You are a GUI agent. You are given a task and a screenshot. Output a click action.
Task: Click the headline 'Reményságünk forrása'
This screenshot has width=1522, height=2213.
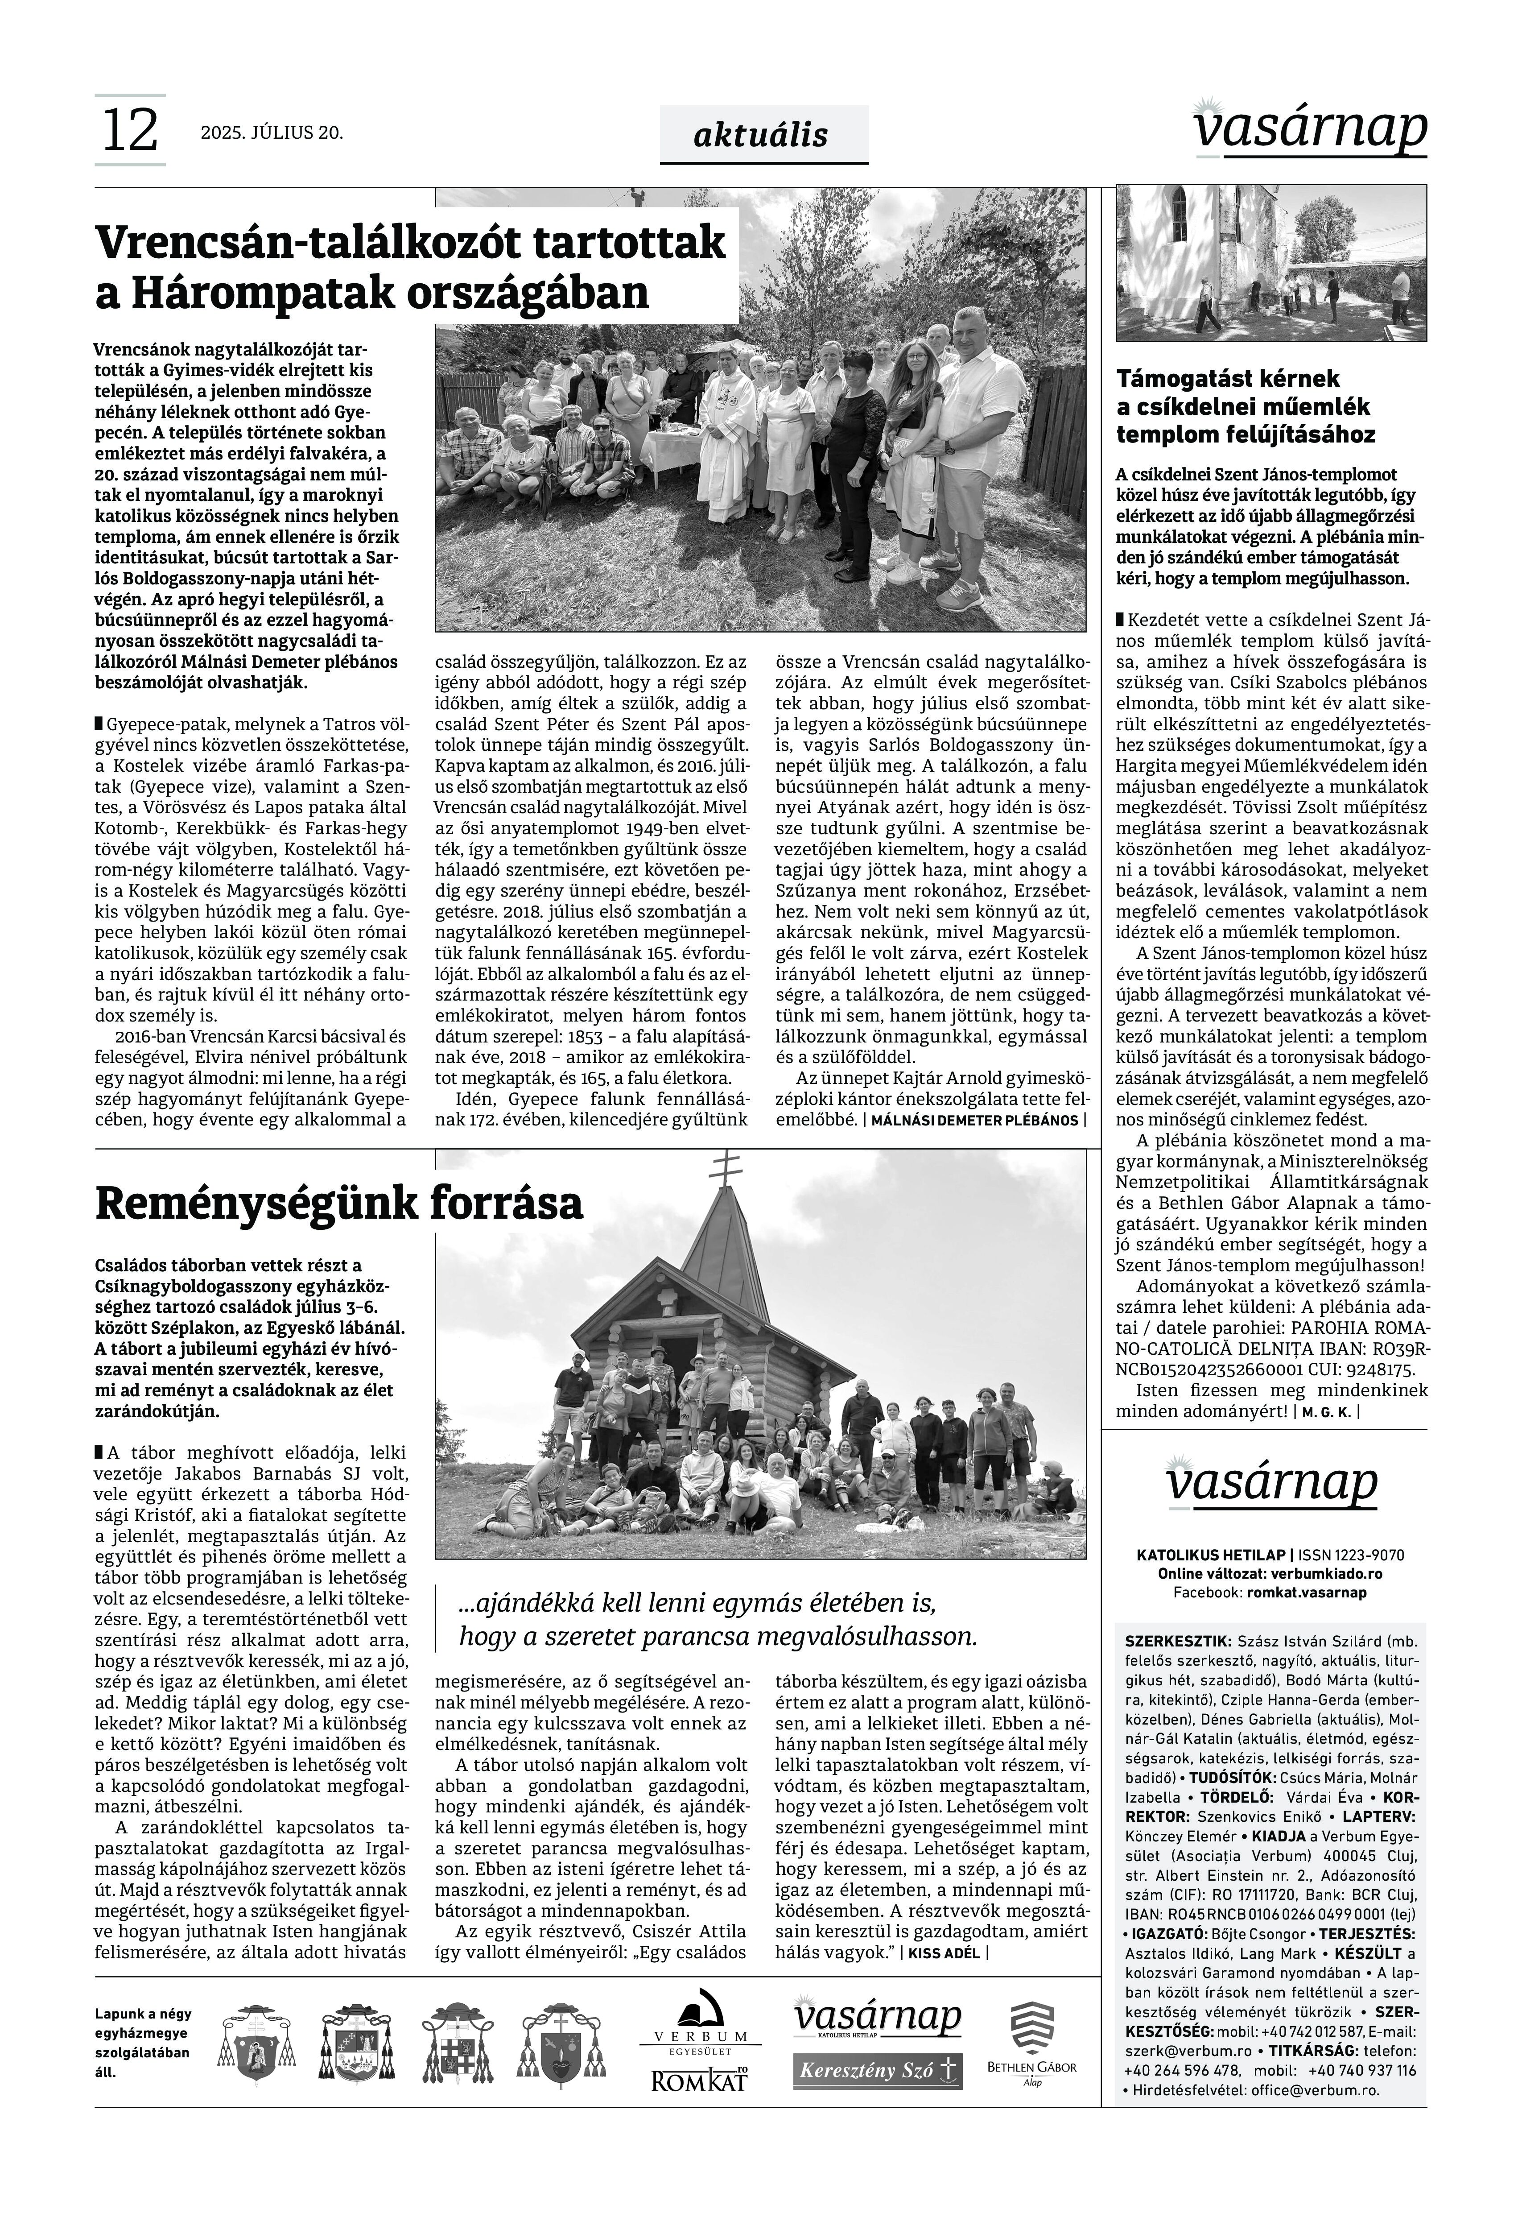pos(338,1204)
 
